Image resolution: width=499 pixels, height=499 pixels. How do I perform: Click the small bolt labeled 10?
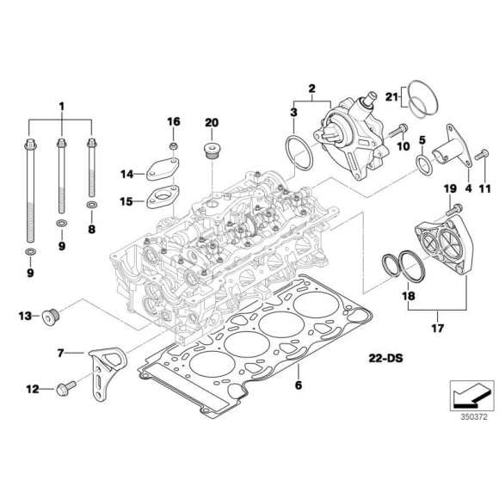tap(399, 132)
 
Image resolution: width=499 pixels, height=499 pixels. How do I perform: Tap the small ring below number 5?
tap(422, 163)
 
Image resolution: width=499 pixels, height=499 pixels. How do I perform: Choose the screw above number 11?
tap(479, 156)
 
